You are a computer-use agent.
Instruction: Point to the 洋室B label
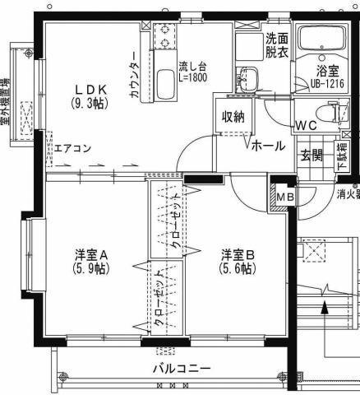tap(238, 254)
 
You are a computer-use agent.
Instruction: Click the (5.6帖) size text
tap(238, 268)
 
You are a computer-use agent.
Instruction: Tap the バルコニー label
tap(182, 368)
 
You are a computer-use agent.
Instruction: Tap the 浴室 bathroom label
tap(339, 71)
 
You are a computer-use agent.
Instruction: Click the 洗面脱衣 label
tap(275, 44)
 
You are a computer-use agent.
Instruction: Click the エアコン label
tap(72, 149)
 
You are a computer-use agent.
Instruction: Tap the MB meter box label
tap(283, 197)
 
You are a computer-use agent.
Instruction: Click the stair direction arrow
tap(325, 311)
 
